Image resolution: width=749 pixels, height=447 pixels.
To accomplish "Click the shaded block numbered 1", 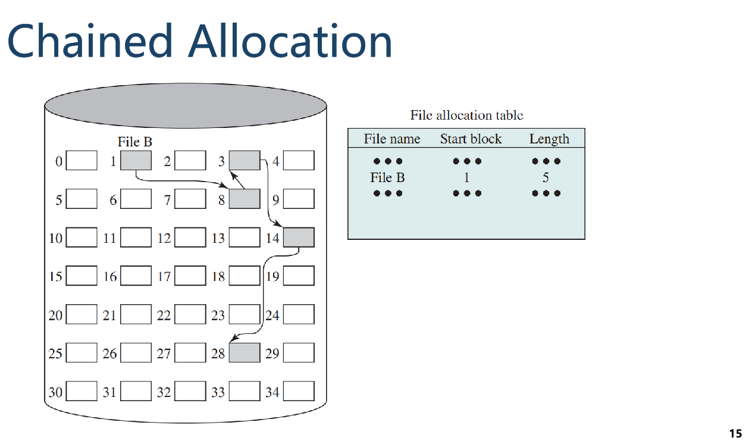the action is (x=136, y=161).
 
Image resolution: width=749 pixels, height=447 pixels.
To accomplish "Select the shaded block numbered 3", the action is (x=245, y=161).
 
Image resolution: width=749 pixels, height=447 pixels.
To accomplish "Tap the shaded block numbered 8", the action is (x=245, y=199).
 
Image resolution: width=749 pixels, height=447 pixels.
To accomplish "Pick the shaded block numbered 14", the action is (x=299, y=237).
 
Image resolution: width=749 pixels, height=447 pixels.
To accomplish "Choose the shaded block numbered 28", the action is (x=245, y=353).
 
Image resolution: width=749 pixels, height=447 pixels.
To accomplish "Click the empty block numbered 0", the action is (x=82, y=161).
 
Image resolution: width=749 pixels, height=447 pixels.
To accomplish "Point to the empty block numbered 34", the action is (x=299, y=392).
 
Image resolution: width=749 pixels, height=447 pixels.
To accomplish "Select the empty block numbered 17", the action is (x=190, y=276).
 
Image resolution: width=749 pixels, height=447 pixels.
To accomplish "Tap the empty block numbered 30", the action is (x=82, y=392).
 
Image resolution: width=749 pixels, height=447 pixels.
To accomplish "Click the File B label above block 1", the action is (x=135, y=143).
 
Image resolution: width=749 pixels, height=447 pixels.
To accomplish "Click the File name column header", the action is (x=392, y=139).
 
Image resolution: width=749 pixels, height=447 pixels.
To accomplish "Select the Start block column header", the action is (x=471, y=139).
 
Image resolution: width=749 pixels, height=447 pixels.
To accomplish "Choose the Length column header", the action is (x=549, y=139).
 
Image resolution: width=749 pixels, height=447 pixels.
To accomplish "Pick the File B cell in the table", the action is (x=387, y=177).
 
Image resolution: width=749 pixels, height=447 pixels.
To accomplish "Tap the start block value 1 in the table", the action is (x=466, y=177).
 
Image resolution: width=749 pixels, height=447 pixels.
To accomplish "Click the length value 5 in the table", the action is (x=545, y=177).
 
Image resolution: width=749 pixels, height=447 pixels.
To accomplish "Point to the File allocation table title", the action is (x=466, y=115).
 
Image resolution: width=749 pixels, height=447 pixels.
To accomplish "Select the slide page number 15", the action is (x=735, y=433).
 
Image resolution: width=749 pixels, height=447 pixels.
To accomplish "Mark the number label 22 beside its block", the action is (x=164, y=315).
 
